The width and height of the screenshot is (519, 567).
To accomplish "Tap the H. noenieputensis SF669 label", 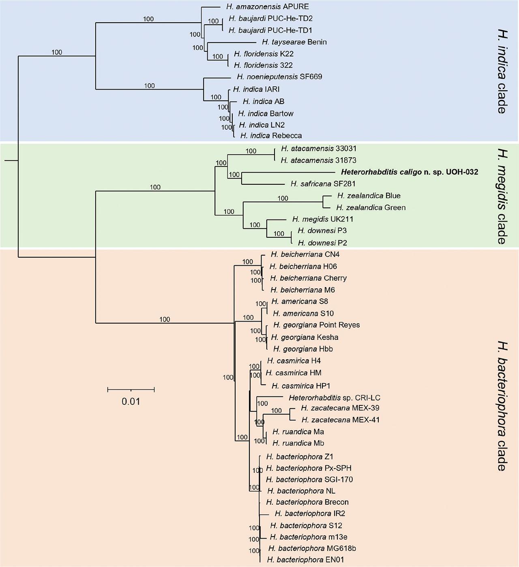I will [x=279, y=77].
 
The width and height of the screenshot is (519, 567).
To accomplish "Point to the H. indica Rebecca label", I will [x=271, y=136].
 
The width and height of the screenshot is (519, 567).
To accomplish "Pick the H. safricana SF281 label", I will [x=323, y=184].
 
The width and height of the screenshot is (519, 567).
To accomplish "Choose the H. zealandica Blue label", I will [x=369, y=196].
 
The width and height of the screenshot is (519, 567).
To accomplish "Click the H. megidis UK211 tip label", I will [x=322, y=219].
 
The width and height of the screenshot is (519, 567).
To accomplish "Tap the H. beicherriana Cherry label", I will [x=308, y=278].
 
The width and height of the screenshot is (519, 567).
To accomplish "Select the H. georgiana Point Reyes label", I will [x=316, y=325].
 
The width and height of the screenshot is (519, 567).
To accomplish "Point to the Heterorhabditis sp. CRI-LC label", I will [x=335, y=398].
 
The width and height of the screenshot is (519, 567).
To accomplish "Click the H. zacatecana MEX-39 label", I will [x=340, y=408].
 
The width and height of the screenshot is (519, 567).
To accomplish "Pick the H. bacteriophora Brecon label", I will [x=307, y=502].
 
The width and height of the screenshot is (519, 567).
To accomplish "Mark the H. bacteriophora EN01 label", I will [x=306, y=560].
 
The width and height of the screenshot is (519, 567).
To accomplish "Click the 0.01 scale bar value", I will [x=131, y=402].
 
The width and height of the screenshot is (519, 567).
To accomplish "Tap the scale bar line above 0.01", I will [x=131, y=390].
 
